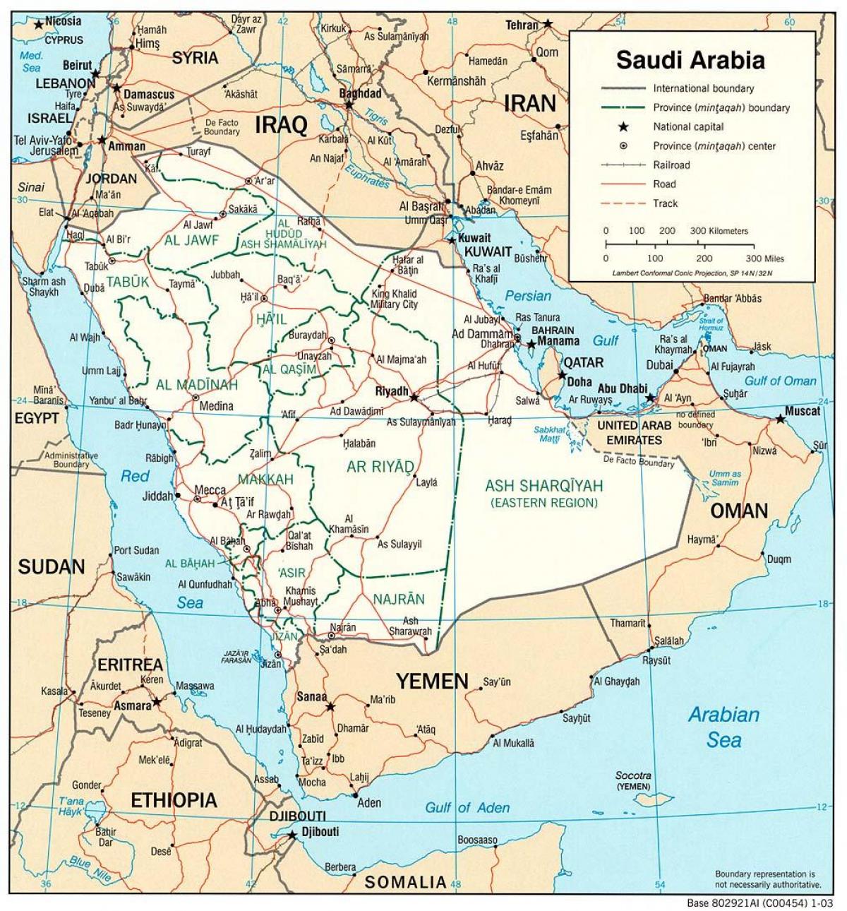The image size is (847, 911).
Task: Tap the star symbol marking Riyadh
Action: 414,397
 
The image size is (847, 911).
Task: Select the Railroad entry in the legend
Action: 671,165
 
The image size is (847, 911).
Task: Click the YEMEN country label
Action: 432,681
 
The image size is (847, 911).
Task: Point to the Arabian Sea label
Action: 724,727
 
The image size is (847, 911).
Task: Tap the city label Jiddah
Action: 157,496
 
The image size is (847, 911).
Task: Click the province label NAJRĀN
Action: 400,599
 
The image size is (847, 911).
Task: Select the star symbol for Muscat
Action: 779,419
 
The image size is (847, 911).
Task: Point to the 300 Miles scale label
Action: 764,258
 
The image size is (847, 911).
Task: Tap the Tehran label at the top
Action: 522,25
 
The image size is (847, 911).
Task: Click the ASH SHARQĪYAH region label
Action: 544,486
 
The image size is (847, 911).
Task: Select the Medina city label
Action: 216,406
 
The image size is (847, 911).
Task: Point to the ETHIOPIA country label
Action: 174,799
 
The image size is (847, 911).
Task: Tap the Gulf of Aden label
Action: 467,807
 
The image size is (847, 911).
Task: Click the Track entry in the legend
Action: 665,203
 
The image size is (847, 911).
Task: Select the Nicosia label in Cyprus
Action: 63,21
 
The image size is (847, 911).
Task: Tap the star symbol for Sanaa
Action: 328,705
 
